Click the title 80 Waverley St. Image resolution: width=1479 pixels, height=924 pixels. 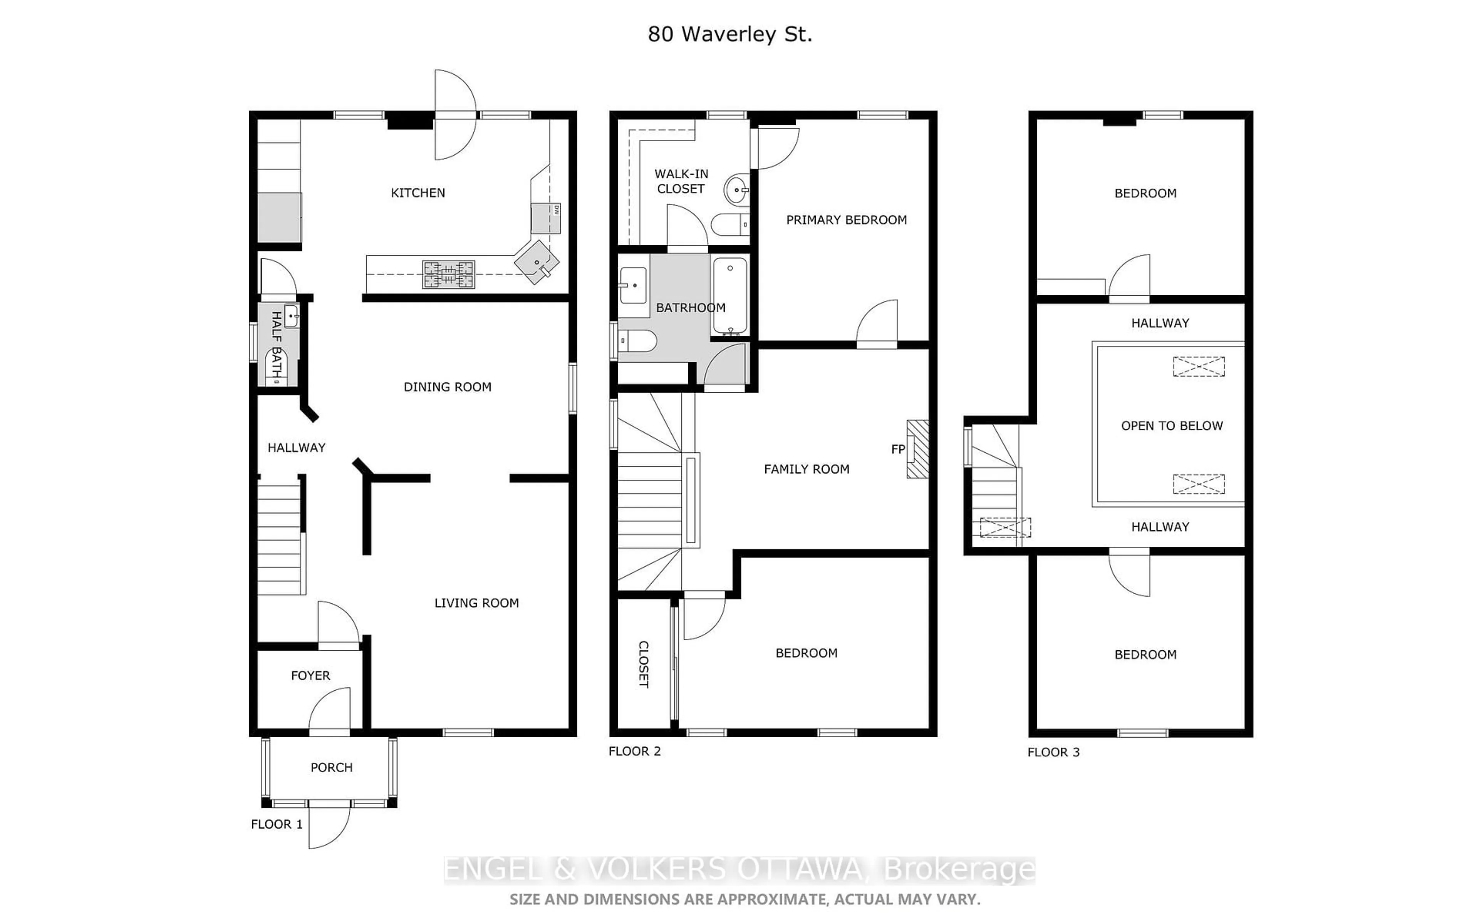click(730, 34)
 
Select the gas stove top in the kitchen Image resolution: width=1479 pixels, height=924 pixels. click(449, 275)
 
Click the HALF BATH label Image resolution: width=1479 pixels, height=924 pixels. click(276, 344)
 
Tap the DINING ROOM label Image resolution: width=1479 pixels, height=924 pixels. click(448, 387)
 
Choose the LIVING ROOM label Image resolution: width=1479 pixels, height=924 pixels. click(476, 603)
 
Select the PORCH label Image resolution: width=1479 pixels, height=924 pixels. click(331, 768)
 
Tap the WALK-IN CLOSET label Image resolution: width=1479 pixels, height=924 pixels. click(681, 181)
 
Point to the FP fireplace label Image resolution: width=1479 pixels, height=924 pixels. click(897, 450)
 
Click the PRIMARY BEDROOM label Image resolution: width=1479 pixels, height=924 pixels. click(846, 220)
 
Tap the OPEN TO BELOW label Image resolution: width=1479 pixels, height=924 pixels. click(1172, 426)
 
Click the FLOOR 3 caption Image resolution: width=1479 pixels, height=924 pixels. click(1053, 752)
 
